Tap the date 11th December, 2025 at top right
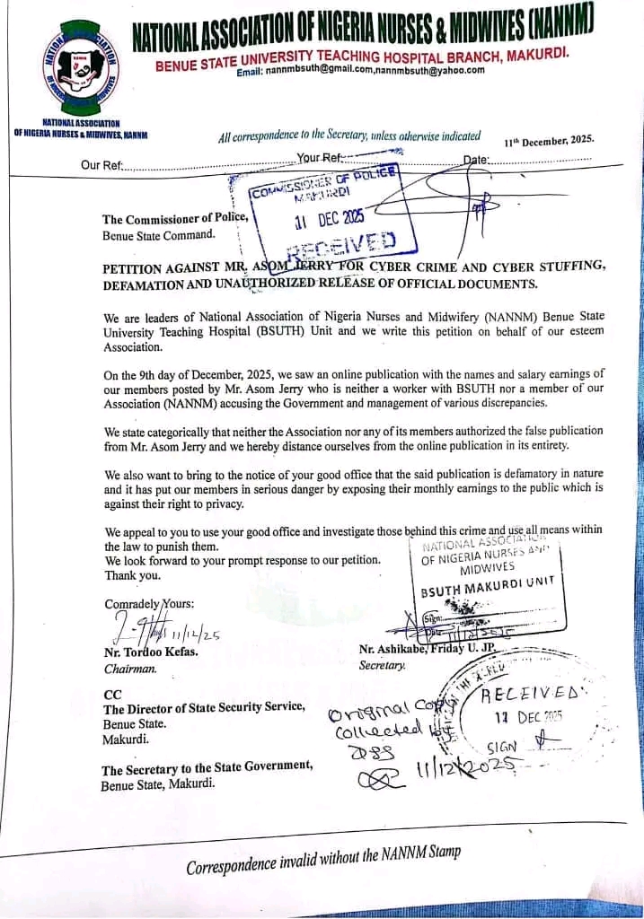pyautogui.click(x=549, y=140)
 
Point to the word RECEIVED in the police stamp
pyautogui.click(x=342, y=242)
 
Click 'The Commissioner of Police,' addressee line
pyautogui.click(x=174, y=219)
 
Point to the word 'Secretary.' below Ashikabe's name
pyautogui.click(x=383, y=665)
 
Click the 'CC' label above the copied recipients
pyautogui.click(x=111, y=694)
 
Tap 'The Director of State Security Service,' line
pyautogui.click(x=204, y=708)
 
